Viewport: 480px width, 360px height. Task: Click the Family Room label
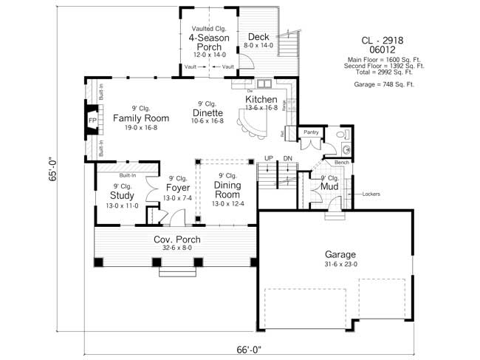pyautogui.click(x=141, y=118)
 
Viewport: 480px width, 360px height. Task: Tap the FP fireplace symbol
pyautogui.click(x=93, y=120)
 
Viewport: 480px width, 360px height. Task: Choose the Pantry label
pyautogui.click(x=311, y=132)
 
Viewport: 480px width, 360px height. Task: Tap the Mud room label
pyautogui.click(x=329, y=188)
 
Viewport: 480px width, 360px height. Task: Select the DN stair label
pyautogui.click(x=288, y=158)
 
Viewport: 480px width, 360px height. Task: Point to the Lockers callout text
pyautogui.click(x=371, y=194)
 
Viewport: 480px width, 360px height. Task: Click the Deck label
pyautogui.click(x=258, y=37)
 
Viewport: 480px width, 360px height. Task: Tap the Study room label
pyautogui.click(x=122, y=196)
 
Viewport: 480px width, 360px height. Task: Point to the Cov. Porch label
pyautogui.click(x=177, y=240)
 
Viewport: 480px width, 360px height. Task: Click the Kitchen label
pyautogui.click(x=261, y=100)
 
